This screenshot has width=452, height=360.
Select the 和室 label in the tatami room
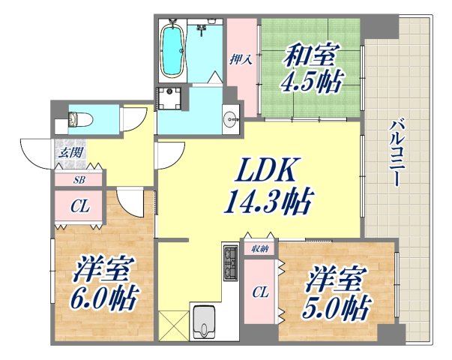click(x=310, y=56)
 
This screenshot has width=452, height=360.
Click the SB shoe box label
click(x=78, y=180)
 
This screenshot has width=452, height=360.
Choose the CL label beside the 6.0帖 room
click(x=79, y=204)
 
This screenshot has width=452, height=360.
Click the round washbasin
click(x=230, y=116)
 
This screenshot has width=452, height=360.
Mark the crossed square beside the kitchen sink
click(x=172, y=325)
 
